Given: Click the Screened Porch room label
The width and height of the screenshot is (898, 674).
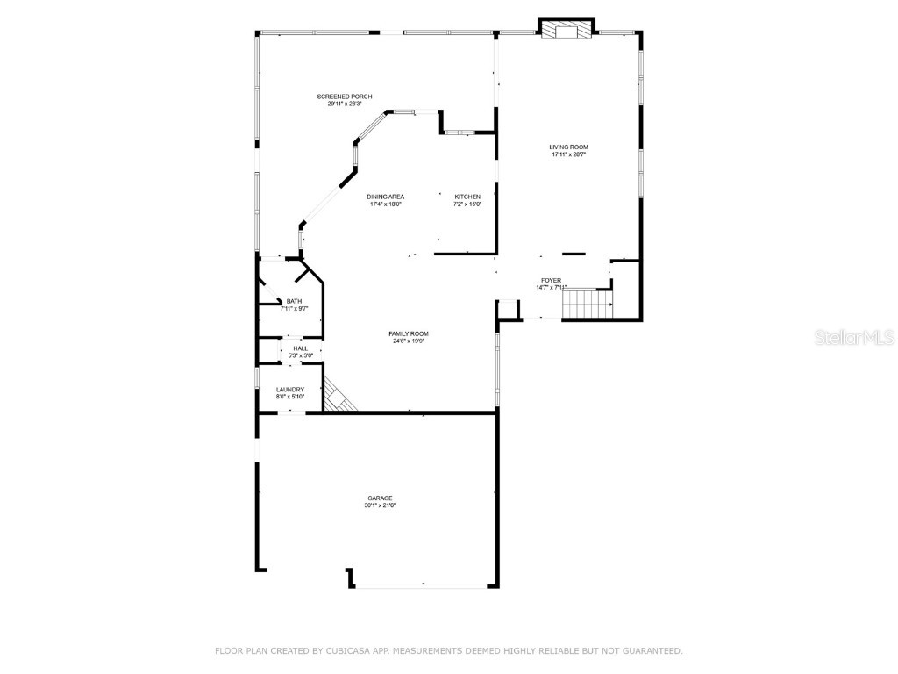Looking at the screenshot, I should click(345, 96).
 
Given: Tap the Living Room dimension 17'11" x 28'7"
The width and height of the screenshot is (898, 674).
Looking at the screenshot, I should click(568, 154).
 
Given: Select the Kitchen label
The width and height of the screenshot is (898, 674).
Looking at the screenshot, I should click(467, 197).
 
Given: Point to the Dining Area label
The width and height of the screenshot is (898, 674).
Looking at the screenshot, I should click(385, 197).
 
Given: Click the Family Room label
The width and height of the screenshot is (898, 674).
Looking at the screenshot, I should click(409, 333).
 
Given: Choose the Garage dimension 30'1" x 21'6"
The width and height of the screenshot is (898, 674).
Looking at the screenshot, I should click(380, 505).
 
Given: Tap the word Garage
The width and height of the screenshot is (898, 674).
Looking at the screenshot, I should click(380, 498).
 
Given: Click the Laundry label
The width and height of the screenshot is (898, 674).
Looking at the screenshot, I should click(290, 390).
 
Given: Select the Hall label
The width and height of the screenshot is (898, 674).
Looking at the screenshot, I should click(301, 348).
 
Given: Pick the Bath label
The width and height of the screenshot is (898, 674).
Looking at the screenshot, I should click(293, 301).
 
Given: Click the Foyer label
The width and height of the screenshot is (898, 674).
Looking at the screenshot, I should click(551, 280).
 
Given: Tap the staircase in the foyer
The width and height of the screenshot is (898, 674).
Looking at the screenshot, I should click(586, 305).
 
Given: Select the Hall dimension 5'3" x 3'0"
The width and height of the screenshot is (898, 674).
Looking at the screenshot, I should click(301, 355).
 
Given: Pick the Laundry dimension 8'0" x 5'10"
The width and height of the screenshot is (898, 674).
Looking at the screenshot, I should click(290, 397).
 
